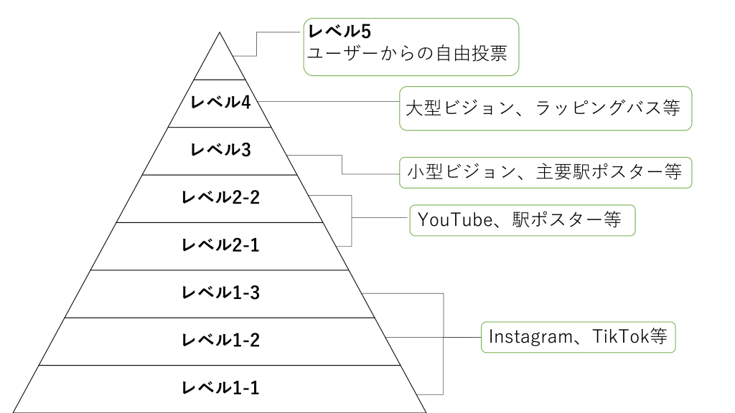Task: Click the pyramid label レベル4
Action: click(220, 103)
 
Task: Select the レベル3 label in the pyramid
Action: click(220, 151)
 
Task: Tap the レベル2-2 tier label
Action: click(220, 197)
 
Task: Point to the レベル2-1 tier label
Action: click(220, 245)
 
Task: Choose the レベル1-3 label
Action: click(220, 293)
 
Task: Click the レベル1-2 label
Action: click(220, 339)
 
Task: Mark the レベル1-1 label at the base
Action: click(220, 387)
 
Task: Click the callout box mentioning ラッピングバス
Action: click(546, 109)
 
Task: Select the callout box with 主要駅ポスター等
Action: click(546, 172)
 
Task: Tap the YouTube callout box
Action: click(522, 221)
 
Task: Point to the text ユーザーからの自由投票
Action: click(408, 54)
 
